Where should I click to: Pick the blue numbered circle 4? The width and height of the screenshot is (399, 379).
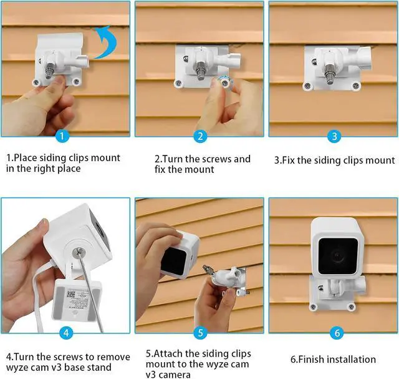pyautogui.click(x=66, y=333)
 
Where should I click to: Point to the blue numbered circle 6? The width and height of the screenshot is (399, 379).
pyautogui.click(x=334, y=333)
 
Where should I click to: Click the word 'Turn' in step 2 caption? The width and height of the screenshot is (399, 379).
pyautogui.click(x=178, y=159)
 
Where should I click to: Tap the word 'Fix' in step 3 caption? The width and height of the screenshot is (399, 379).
pyautogui.click(x=293, y=160)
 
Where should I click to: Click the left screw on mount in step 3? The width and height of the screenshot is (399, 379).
pyautogui.click(x=306, y=85)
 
